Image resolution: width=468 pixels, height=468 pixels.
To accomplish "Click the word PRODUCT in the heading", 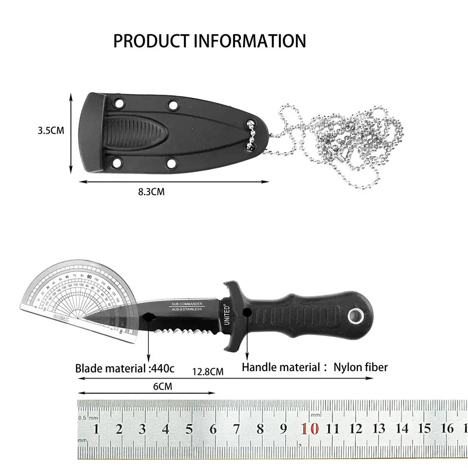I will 147,41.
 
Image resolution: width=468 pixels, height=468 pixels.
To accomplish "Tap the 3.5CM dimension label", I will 51,131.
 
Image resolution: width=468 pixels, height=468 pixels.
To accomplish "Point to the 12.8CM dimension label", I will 208,372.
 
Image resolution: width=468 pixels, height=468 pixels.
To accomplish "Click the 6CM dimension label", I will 162,387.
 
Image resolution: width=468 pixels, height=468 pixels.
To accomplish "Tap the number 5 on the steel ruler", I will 189,429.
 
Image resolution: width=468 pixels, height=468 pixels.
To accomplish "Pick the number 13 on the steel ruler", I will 379,428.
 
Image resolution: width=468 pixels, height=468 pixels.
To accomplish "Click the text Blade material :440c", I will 124,368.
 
